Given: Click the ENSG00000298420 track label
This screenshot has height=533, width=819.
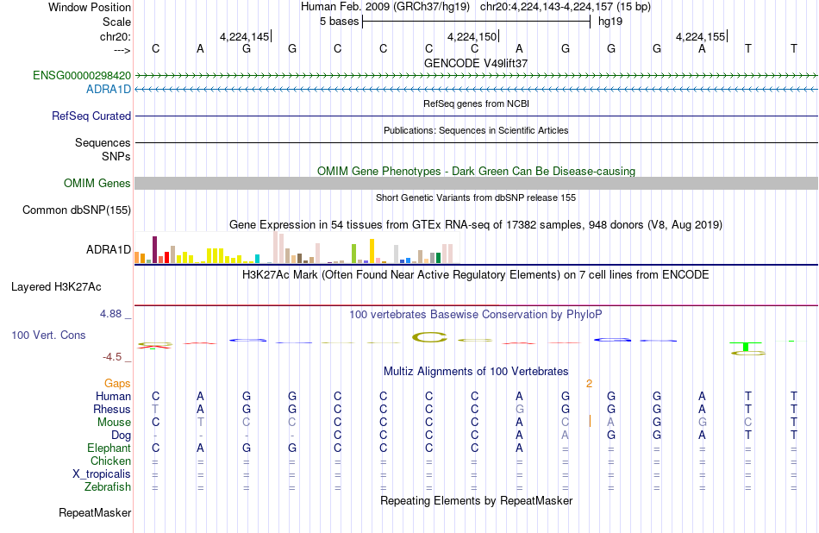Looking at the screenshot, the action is click(x=82, y=75).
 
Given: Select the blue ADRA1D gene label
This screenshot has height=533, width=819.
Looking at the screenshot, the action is click(x=109, y=90).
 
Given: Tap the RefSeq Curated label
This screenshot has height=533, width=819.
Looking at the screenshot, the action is click(x=91, y=116).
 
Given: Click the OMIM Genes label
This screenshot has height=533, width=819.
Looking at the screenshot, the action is click(x=97, y=184).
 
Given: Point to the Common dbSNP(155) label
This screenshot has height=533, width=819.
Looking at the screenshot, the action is click(x=77, y=210).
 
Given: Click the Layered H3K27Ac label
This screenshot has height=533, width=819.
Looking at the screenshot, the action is click(x=56, y=287).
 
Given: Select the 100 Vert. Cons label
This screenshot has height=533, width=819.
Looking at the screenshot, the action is click(x=48, y=335).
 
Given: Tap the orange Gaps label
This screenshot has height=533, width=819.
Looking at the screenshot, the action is click(x=117, y=384).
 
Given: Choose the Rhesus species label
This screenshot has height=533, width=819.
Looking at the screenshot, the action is click(x=112, y=409).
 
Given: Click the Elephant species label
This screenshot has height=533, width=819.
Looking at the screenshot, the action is click(x=109, y=448).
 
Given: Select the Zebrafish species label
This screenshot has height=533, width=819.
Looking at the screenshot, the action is click(x=108, y=487).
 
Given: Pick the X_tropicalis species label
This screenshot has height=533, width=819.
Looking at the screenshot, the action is click(x=102, y=474).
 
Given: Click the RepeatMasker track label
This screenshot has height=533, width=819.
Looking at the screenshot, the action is click(x=95, y=512).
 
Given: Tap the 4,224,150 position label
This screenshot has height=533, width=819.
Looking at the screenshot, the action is click(x=472, y=36).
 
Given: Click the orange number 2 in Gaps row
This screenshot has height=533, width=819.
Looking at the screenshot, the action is click(x=589, y=384).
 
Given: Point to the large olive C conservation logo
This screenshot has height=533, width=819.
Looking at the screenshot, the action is click(x=429, y=337).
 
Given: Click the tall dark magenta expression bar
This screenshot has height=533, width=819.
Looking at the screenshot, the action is click(x=154, y=250).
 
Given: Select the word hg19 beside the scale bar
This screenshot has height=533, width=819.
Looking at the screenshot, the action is click(x=610, y=22).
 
